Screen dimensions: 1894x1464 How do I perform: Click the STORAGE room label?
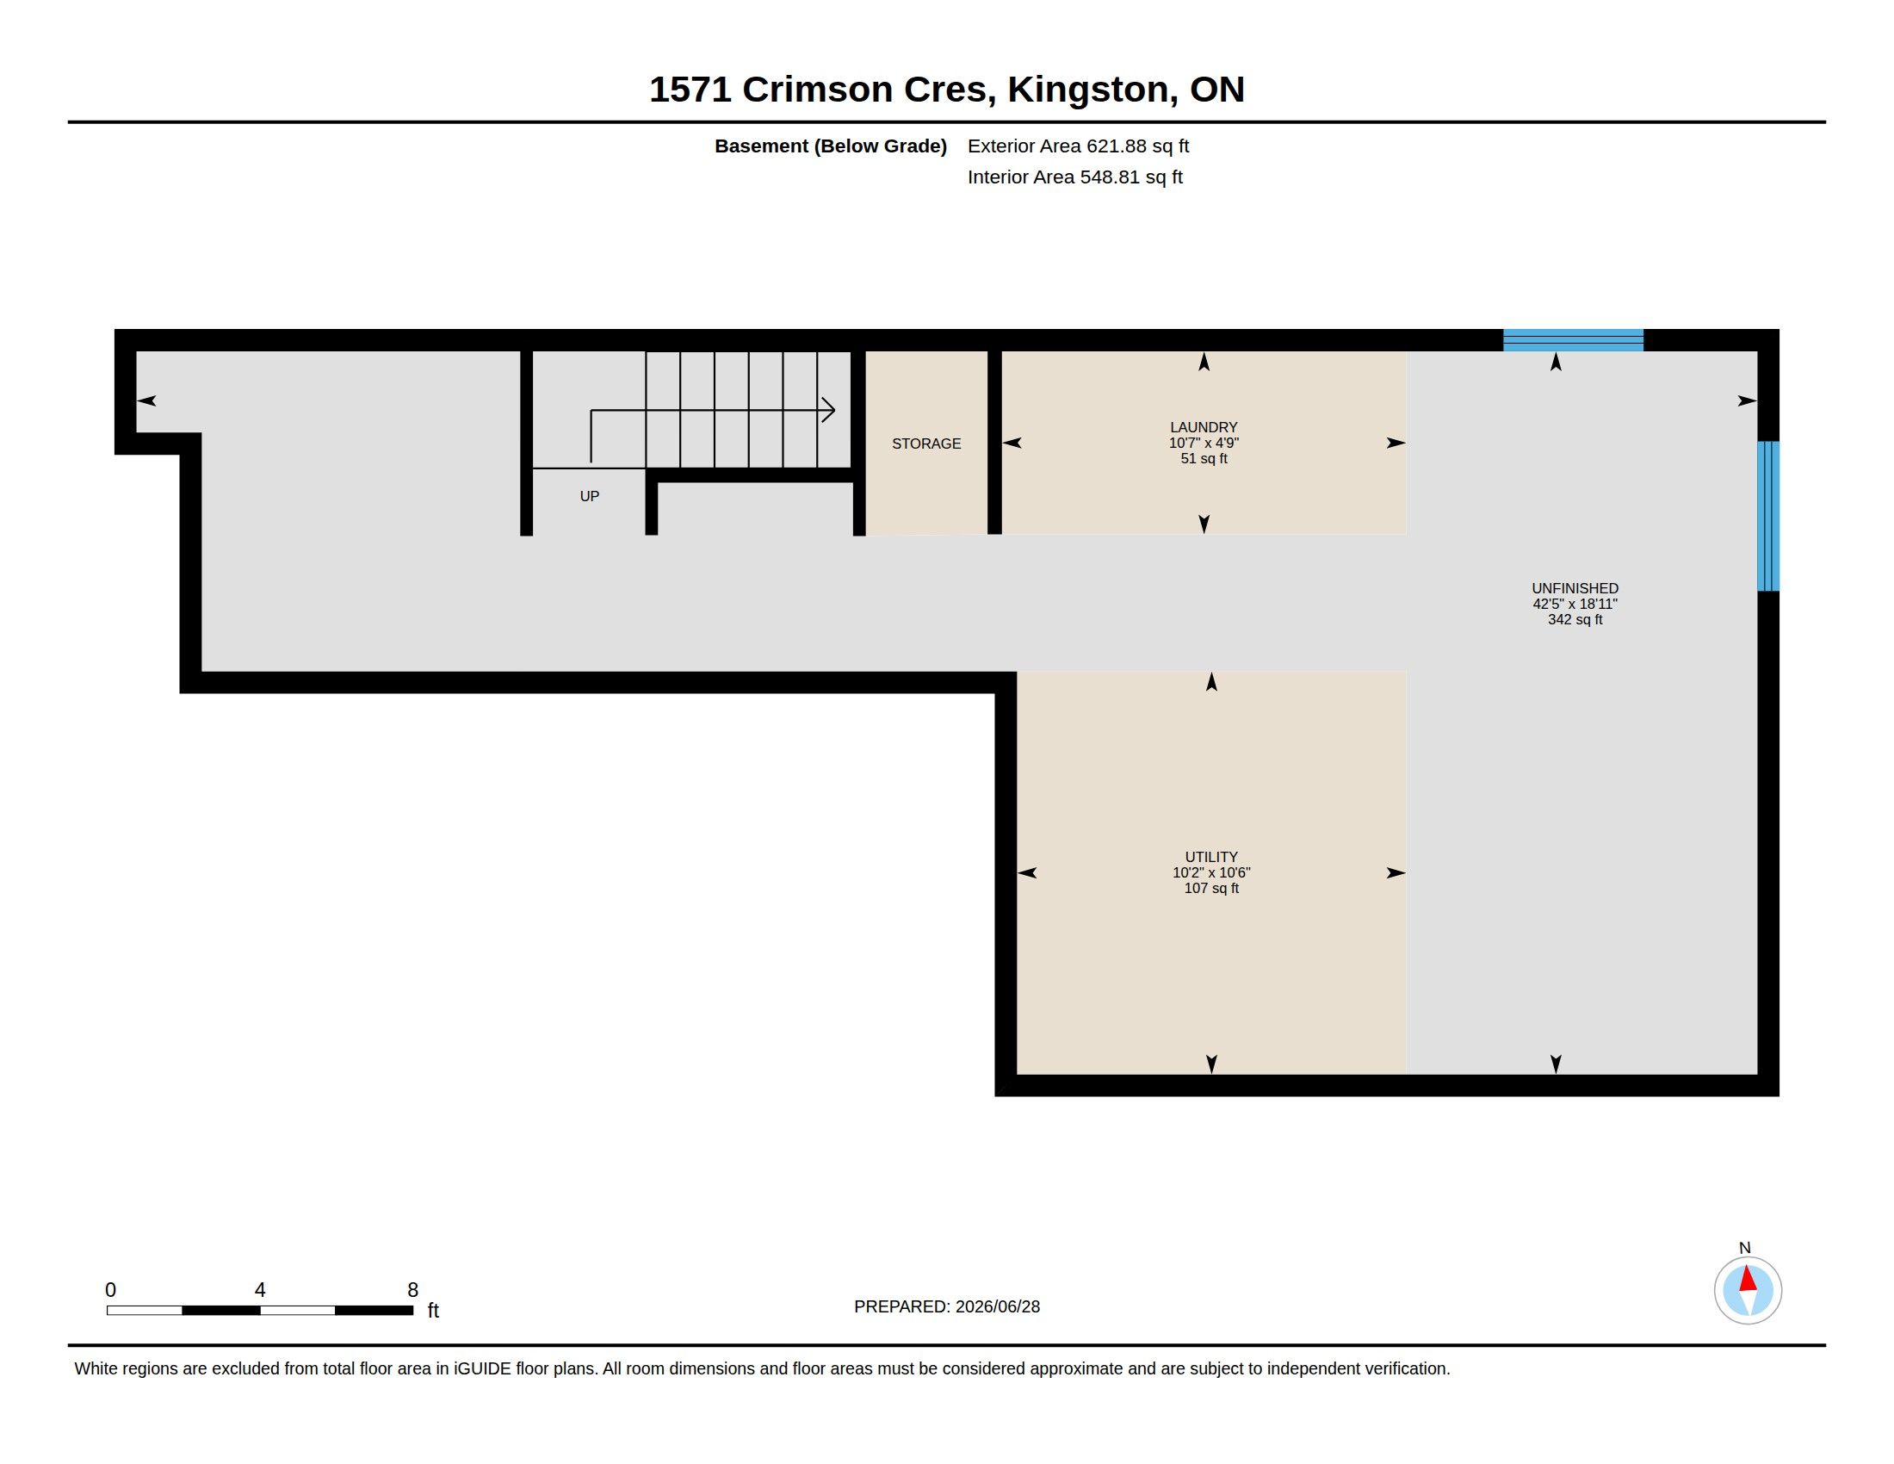click(x=926, y=444)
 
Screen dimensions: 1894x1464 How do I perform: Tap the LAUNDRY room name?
click(x=1204, y=426)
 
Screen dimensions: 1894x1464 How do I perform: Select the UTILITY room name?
click(x=1211, y=857)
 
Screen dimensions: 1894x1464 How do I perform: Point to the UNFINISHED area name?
click(x=1575, y=588)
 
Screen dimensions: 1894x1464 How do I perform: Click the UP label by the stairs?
click(x=590, y=496)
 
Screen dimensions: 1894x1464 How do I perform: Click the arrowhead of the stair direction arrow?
click(x=829, y=409)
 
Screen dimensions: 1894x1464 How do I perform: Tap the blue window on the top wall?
click(x=1573, y=340)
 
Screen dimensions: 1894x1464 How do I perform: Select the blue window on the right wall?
click(x=1768, y=516)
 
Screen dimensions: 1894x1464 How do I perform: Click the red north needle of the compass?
click(x=1749, y=1279)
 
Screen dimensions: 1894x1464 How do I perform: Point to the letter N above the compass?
click(x=1745, y=1248)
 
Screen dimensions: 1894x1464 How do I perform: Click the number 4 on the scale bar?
click(x=260, y=1290)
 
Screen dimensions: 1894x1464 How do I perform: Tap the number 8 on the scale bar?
click(x=412, y=1290)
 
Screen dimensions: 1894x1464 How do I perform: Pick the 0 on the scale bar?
click(x=111, y=1290)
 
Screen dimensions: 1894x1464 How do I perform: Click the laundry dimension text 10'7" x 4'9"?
click(x=1204, y=443)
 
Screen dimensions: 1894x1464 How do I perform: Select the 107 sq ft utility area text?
click(x=1211, y=888)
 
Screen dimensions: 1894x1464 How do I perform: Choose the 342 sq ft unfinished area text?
click(x=1575, y=619)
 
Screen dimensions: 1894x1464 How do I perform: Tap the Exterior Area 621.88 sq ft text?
click(x=1078, y=146)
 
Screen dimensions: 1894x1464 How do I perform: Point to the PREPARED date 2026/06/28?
click(x=997, y=1306)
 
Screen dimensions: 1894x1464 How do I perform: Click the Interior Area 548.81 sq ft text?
click(x=1075, y=177)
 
